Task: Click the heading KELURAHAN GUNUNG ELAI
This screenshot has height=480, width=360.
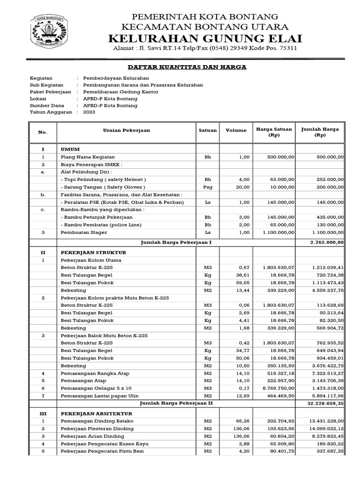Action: pyautogui.click(x=205, y=38)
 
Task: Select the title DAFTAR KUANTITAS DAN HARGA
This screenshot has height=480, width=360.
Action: pyautogui.click(x=187, y=67)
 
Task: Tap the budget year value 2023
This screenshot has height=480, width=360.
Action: pyautogui.click(x=89, y=112)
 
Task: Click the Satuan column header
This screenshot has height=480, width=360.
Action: pyautogui.click(x=208, y=130)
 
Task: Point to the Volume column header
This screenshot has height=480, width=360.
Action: pyautogui.click(x=236, y=130)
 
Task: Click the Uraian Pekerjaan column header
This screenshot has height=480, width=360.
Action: pyautogui.click(x=127, y=130)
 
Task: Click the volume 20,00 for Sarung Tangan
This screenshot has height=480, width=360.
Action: pyautogui.click(x=243, y=187)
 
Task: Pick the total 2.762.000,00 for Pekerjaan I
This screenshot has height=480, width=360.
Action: pyautogui.click(x=327, y=242)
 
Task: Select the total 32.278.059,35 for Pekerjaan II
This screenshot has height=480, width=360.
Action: pyautogui.click(x=325, y=403)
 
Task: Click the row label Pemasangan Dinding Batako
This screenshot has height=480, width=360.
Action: pyautogui.click(x=96, y=421)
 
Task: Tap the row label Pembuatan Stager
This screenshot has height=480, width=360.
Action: pyautogui.click(x=84, y=232)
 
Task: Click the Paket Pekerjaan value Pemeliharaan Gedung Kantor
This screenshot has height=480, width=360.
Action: pyautogui.click(x=120, y=92)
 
